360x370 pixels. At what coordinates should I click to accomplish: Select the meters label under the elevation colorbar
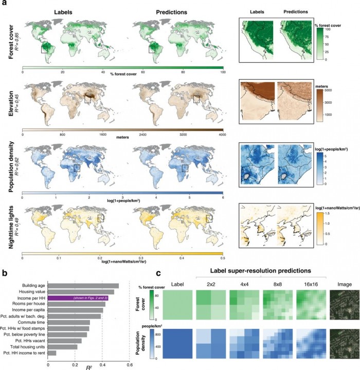click(x=122, y=138)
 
